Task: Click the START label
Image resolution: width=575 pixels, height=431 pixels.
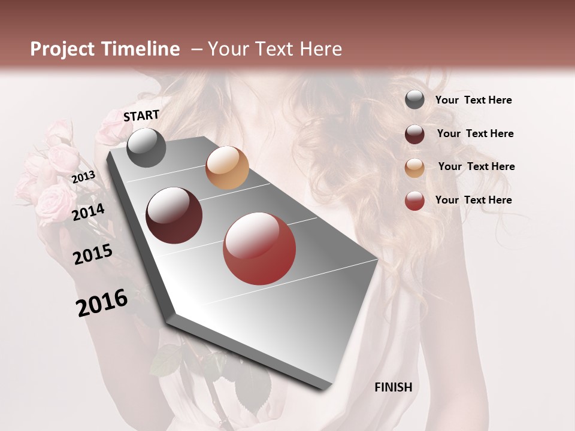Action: (x=141, y=116)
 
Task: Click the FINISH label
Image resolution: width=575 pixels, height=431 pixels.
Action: (x=394, y=387)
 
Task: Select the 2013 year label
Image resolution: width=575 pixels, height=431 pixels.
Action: (x=83, y=177)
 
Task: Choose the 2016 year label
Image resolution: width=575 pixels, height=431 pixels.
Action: (x=102, y=303)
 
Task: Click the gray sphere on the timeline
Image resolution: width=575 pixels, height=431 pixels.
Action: (x=146, y=147)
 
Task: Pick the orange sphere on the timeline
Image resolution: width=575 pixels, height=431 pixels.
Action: (x=227, y=168)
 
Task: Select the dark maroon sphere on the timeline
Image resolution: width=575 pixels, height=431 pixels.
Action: (x=174, y=215)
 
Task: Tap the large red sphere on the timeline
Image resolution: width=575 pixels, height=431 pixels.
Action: (x=259, y=249)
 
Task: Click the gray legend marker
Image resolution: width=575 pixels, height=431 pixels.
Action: (x=414, y=100)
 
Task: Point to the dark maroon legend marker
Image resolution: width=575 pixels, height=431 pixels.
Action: (x=414, y=134)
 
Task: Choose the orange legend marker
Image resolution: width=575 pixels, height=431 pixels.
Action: (x=414, y=168)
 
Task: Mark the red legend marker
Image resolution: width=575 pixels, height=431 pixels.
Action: (x=414, y=201)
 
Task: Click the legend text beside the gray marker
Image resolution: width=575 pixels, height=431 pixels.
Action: (x=474, y=100)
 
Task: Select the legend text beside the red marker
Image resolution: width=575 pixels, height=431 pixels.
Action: (x=474, y=200)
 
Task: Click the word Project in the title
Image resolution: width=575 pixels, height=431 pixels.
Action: (x=62, y=49)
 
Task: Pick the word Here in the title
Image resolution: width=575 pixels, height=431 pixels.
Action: (x=320, y=49)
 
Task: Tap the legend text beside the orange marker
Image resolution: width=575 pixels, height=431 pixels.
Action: (x=477, y=166)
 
